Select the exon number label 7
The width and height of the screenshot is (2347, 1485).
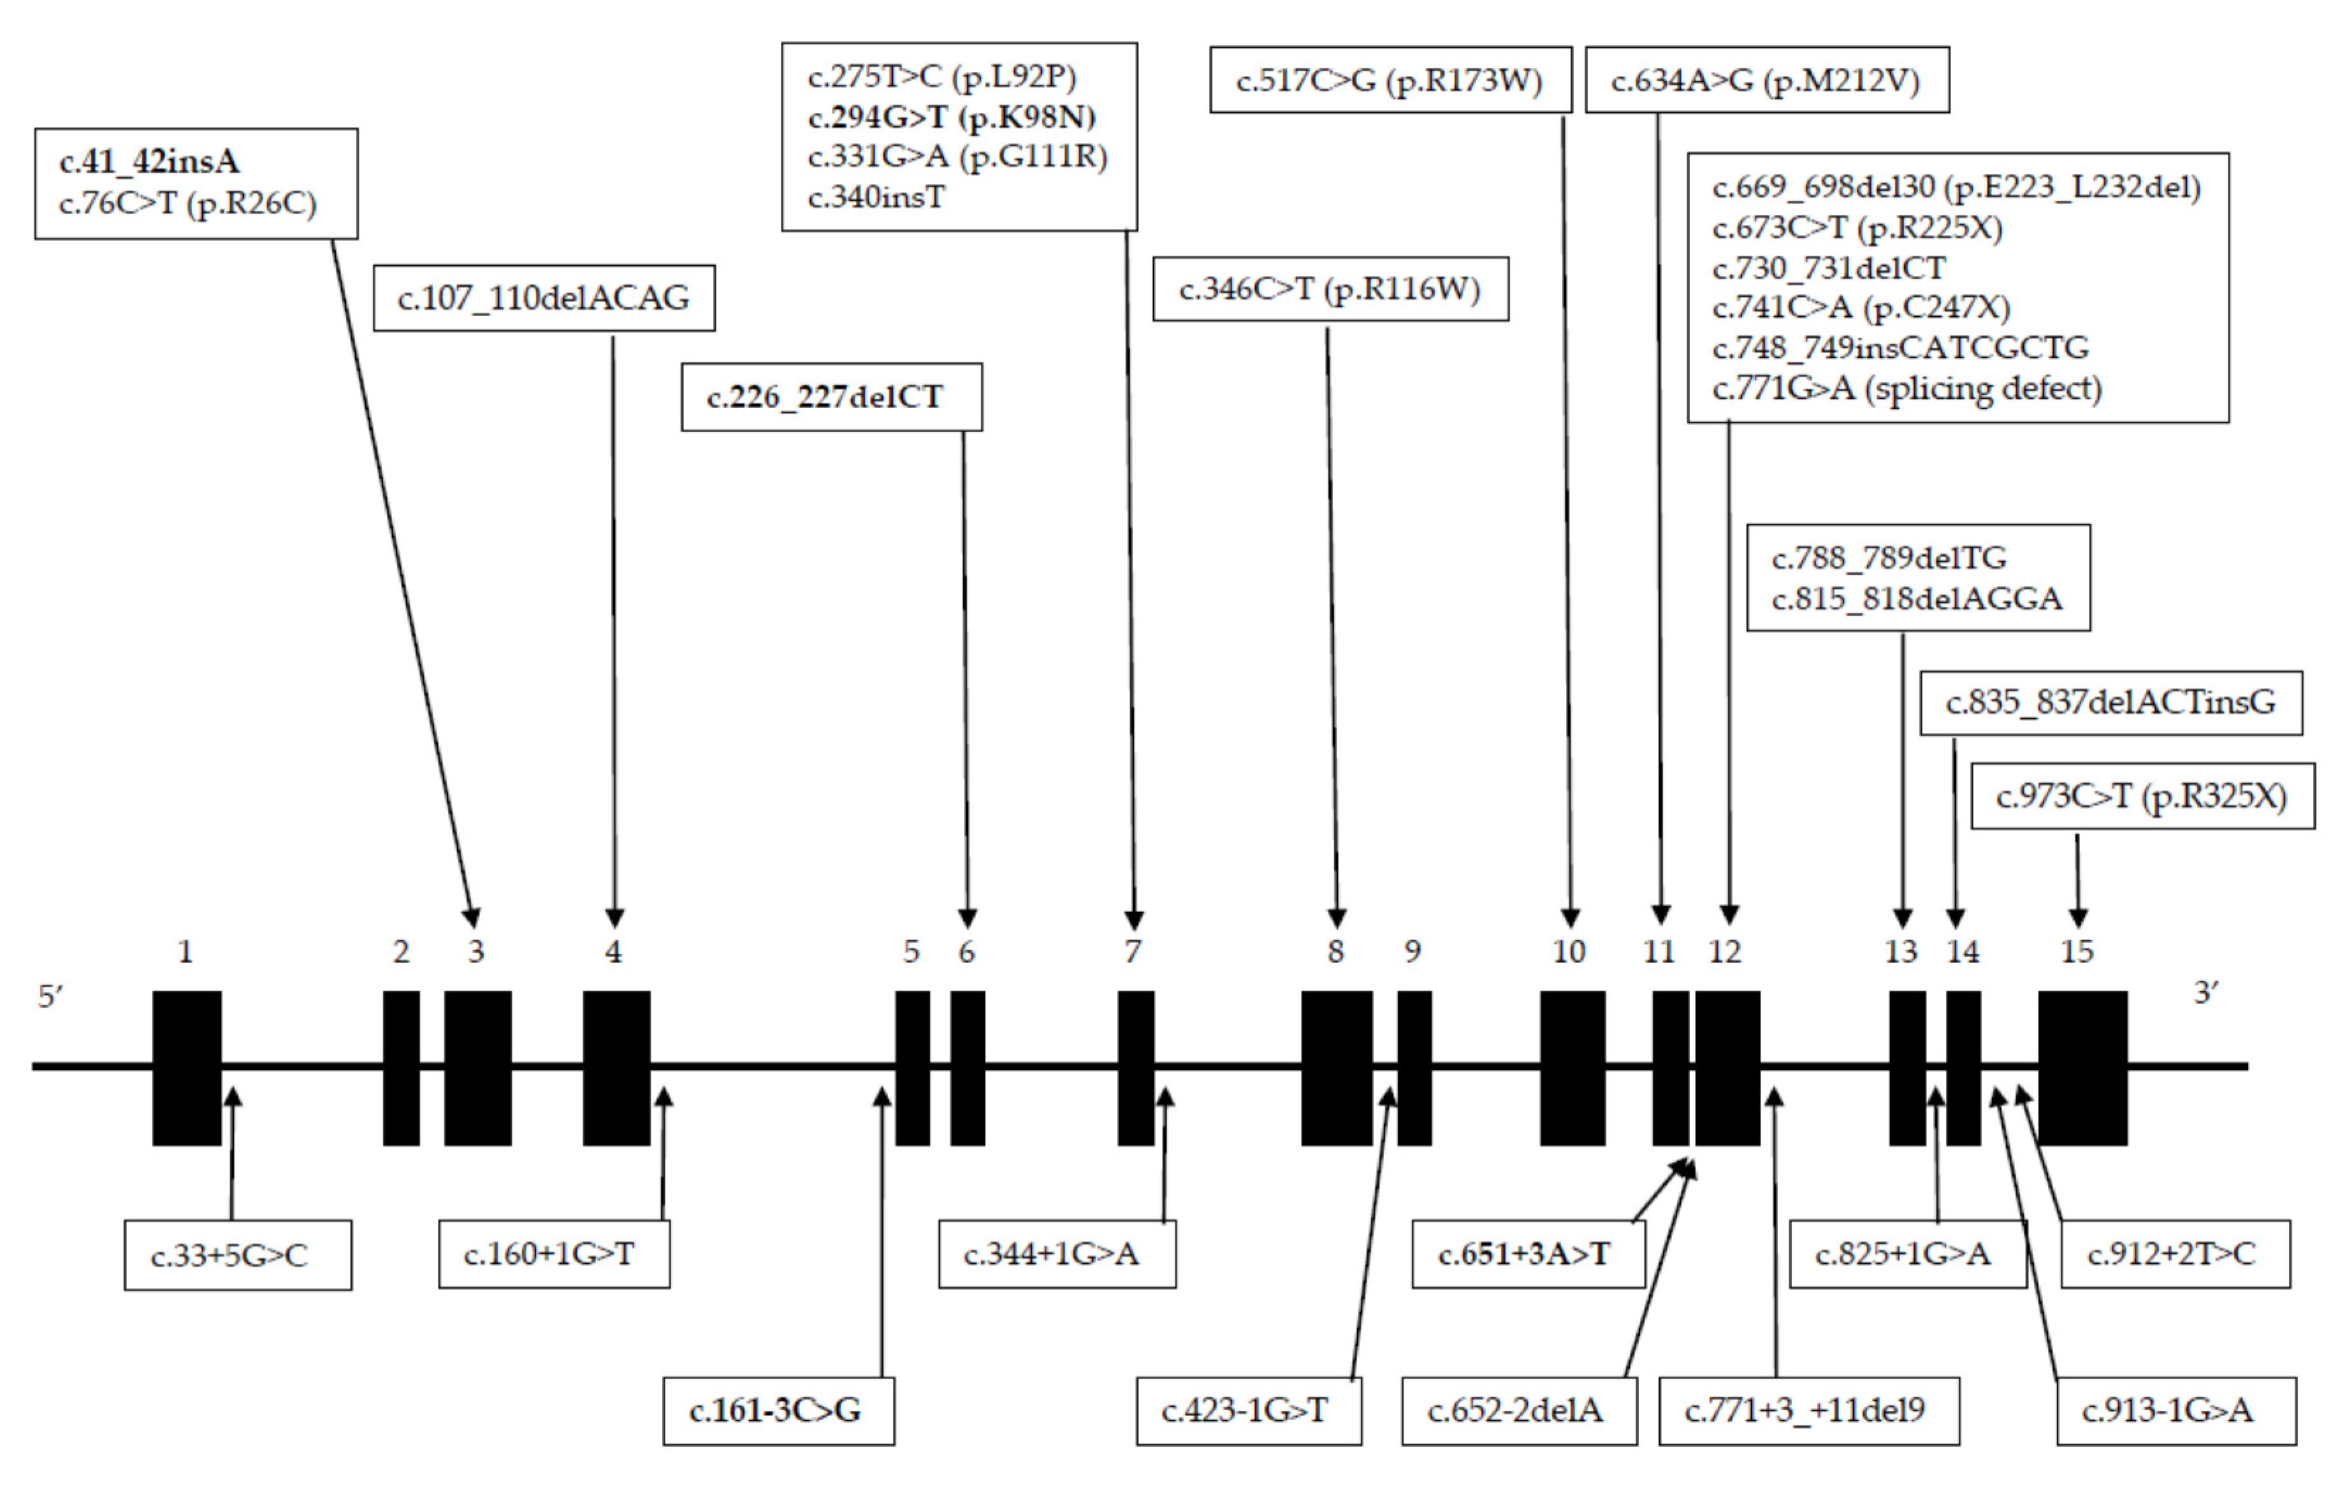click(1131, 951)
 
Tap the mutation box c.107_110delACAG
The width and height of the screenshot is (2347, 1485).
click(544, 298)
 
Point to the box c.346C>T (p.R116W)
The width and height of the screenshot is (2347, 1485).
click(1330, 289)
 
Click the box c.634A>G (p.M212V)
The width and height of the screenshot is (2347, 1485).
click(1766, 80)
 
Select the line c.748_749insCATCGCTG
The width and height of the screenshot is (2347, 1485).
click(1901, 348)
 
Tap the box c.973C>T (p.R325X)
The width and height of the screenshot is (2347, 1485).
click(2142, 796)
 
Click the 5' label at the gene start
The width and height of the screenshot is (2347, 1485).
click(51, 997)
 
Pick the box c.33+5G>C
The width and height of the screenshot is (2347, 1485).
click(237, 1255)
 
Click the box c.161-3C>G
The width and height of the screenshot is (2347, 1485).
click(778, 1410)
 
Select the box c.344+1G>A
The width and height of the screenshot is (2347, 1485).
click(1057, 1254)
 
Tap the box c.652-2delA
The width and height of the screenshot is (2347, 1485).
click(1518, 1410)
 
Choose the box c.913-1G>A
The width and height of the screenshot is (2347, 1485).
click(2176, 1410)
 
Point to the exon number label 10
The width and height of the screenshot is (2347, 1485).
click(1568, 951)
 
